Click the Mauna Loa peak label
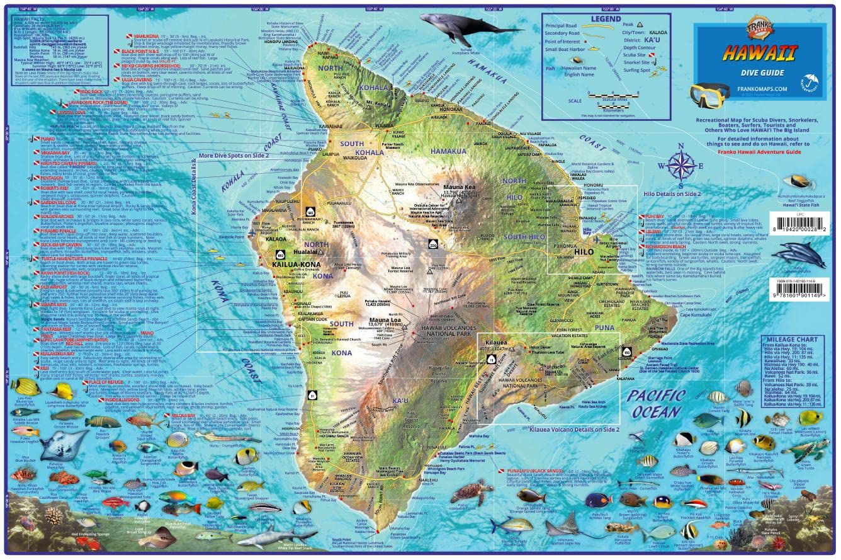point(385,320)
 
